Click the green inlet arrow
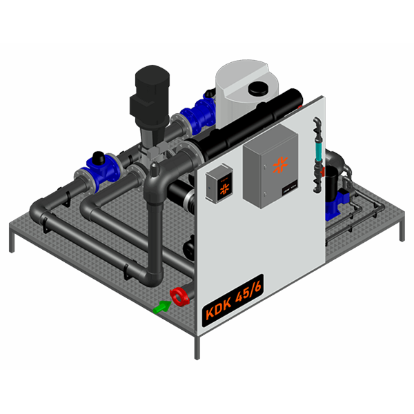(x=162, y=307)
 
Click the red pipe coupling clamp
(x=179, y=297)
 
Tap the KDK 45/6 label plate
(x=233, y=300)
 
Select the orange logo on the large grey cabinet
(x=280, y=165)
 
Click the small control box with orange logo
(x=219, y=183)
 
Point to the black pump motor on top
(x=150, y=95)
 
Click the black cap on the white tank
(x=258, y=88)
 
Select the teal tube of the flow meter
(x=317, y=151)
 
